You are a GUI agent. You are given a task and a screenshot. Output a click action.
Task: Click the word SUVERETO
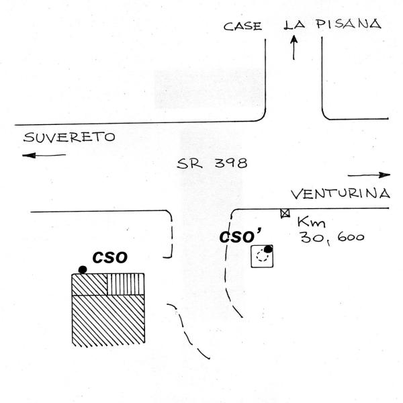[69, 138]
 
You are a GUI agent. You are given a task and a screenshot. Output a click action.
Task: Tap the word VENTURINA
[341, 195]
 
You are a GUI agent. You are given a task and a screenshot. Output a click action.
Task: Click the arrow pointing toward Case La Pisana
[294, 48]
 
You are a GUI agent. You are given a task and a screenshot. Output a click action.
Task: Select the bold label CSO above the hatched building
[110, 258]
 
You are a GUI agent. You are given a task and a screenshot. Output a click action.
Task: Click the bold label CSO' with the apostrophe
[238, 237]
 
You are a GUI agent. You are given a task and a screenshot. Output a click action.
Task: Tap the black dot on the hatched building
[82, 269]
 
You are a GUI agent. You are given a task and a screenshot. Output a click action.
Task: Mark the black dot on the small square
[267, 250]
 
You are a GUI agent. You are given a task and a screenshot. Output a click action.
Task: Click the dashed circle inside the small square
[261, 256]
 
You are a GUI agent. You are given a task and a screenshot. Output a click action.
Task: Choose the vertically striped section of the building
[126, 284]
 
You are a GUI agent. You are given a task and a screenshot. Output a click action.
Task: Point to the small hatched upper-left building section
[89, 284]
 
